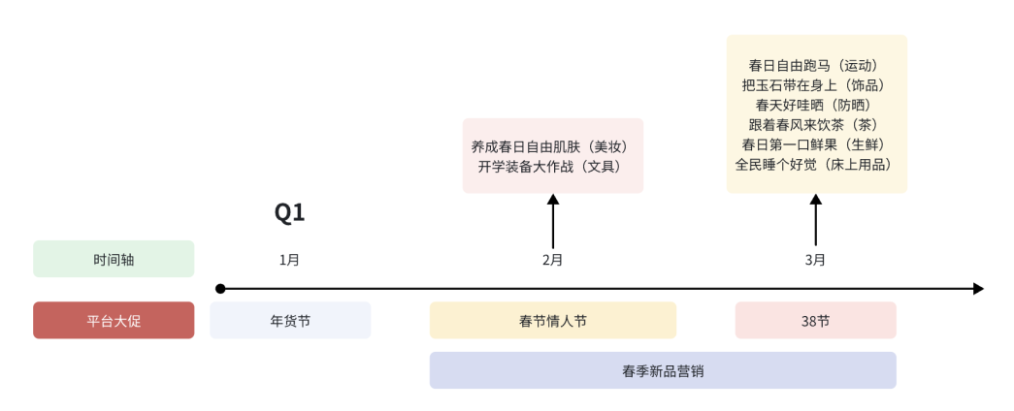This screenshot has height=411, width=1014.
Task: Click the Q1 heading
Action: [x=289, y=213]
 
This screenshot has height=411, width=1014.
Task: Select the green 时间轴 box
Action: [x=114, y=259]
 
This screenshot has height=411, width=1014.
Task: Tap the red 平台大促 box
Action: [x=114, y=320]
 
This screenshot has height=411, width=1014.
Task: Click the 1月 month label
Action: [x=289, y=260]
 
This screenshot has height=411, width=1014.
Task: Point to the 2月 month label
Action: [x=553, y=260]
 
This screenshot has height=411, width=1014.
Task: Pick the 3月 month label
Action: [x=816, y=260]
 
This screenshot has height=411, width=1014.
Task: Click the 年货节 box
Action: [x=290, y=320]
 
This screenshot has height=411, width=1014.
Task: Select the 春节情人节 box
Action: [x=553, y=320]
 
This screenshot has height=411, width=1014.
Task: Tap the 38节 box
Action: [x=816, y=320]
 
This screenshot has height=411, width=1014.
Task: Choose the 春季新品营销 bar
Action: [x=663, y=370]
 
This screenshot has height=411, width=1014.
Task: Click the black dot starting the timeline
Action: [x=220, y=289]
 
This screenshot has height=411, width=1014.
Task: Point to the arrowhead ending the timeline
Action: [x=978, y=289]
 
